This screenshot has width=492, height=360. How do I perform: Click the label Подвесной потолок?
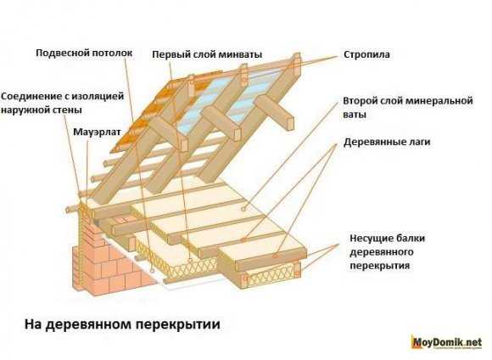click(84, 53)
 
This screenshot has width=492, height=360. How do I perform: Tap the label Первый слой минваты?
click(207, 54)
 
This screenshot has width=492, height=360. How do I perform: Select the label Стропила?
click(366, 54)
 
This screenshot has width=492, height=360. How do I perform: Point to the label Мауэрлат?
click(97, 132)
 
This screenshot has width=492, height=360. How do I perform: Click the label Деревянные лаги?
click(387, 142)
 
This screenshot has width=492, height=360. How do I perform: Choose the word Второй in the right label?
click(360, 101)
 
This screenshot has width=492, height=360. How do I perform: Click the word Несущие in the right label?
click(368, 238)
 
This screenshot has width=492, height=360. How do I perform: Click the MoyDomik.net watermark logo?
click(447, 341)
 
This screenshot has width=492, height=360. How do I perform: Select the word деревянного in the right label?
click(382, 252)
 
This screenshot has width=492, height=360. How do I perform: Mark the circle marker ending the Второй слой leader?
click(243, 209)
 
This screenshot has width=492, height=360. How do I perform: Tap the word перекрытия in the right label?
click(380, 266)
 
